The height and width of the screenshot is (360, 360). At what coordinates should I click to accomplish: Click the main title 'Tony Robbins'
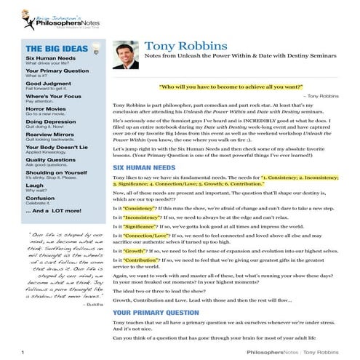pyautogui.click(x=181, y=47)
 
